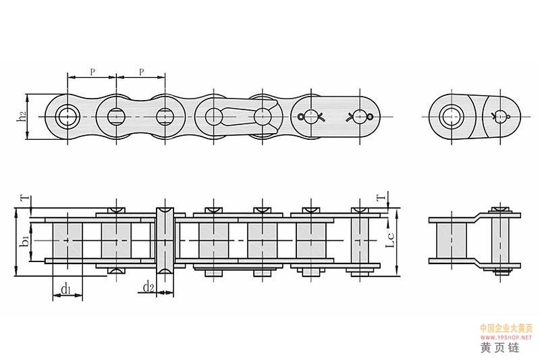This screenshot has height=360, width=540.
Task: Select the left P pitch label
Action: click(91, 70)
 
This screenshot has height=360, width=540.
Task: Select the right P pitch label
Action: click(141, 70)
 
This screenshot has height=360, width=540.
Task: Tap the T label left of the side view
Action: click(24, 199)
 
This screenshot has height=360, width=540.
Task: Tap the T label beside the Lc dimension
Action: click(379, 199)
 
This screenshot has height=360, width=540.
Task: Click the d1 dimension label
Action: click(65, 290)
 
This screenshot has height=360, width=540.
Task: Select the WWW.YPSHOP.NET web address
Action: click(506, 336)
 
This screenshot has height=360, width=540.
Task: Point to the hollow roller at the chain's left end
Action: click(66, 116)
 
